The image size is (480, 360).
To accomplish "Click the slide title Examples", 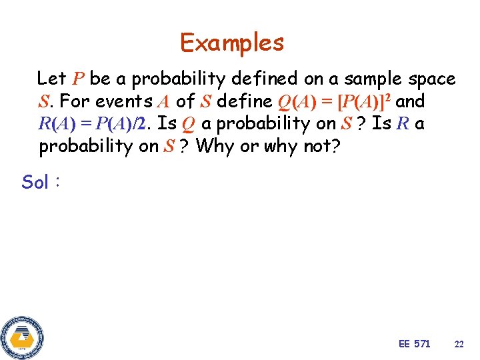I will click(x=232, y=43).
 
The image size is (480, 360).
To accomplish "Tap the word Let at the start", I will click(x=51, y=79).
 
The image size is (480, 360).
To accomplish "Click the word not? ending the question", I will click(x=319, y=146).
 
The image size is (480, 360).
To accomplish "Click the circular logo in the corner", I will click(x=22, y=337).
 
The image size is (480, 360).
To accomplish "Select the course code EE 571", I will click(x=414, y=343).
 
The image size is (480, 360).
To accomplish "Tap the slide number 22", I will click(x=459, y=344).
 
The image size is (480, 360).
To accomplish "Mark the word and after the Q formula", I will click(x=410, y=101).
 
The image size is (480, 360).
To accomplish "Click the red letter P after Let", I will click(x=78, y=79).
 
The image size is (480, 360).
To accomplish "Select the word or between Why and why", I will click(x=247, y=146).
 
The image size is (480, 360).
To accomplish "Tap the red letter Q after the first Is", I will click(x=187, y=125).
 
